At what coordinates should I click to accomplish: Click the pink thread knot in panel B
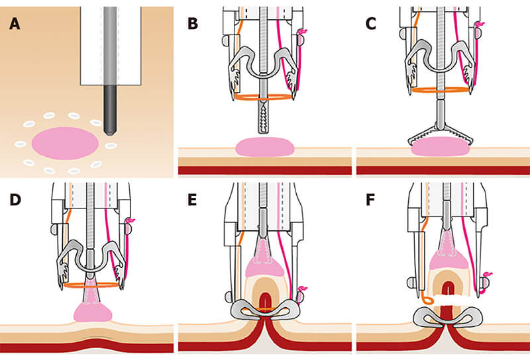(x=305, y=32)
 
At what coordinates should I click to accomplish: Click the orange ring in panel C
(x=441, y=89)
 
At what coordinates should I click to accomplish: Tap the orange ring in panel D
(x=93, y=286)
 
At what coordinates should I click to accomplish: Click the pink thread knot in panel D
(x=130, y=220)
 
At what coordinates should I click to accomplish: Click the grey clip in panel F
(x=443, y=318)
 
